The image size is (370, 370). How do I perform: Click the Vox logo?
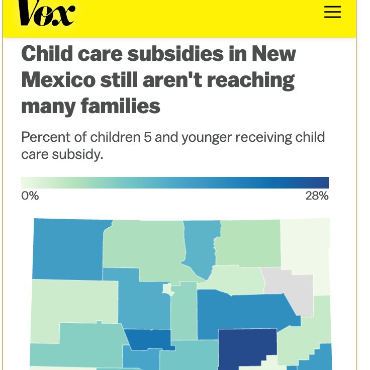46,14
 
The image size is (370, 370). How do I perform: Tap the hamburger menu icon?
332,12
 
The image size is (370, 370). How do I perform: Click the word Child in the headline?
47,54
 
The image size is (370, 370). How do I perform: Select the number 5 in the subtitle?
146,137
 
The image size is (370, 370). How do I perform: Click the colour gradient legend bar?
174,182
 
